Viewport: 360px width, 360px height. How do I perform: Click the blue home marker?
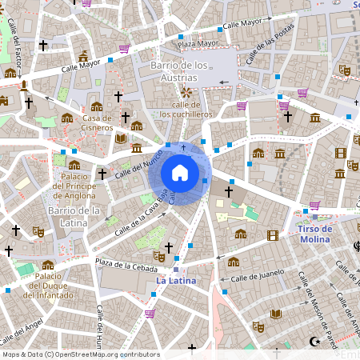pyautogui.click(x=180, y=172)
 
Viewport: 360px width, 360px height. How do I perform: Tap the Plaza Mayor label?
pyautogui.click(x=198, y=43)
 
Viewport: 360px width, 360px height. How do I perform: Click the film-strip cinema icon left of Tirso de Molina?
pyautogui.click(x=273, y=234)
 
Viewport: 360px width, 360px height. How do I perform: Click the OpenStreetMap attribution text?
pyautogui.click(x=80, y=354)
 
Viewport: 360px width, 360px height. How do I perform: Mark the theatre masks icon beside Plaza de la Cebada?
pyautogui.click(x=159, y=256)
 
